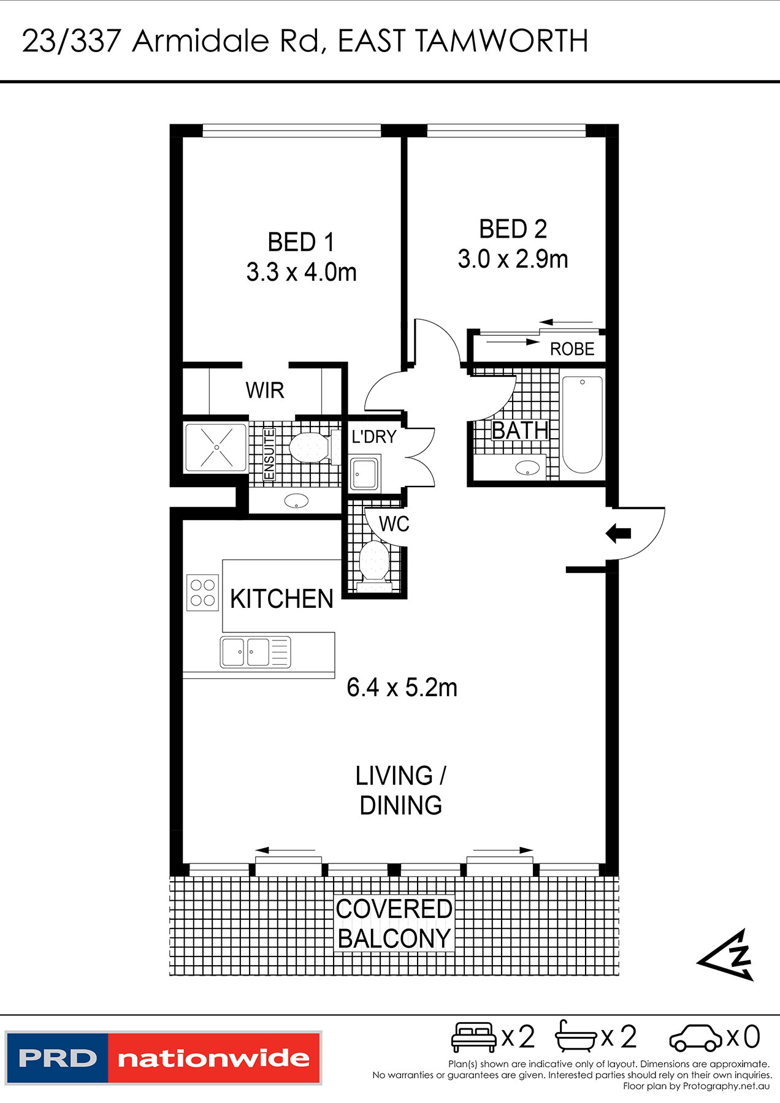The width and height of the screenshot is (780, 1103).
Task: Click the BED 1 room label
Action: [301, 242]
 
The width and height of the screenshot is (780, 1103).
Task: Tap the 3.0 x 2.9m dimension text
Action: [513, 259]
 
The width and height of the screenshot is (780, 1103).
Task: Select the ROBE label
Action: [572, 349]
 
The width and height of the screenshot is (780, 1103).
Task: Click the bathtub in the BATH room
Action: [582, 425]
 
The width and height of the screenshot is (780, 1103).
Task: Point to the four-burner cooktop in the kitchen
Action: [203, 593]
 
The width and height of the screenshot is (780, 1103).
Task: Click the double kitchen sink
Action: [255, 652]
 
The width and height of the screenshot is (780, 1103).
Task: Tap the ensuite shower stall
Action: [216, 447]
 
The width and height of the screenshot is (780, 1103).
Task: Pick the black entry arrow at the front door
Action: [618, 533]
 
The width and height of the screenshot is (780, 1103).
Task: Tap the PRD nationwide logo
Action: [163, 1058]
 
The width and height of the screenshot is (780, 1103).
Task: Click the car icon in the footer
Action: [696, 1039]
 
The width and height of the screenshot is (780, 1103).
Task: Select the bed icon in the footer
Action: [473, 1037]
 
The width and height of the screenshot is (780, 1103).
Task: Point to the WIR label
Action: [265, 390]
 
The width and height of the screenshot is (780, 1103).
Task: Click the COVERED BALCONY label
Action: [394, 923]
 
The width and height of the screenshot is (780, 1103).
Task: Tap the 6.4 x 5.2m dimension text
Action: [402, 688]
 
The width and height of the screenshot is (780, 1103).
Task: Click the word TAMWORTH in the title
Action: [502, 42]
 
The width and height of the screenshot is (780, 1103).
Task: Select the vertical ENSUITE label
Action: [269, 454]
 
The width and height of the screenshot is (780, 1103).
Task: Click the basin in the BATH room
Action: [527, 468]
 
